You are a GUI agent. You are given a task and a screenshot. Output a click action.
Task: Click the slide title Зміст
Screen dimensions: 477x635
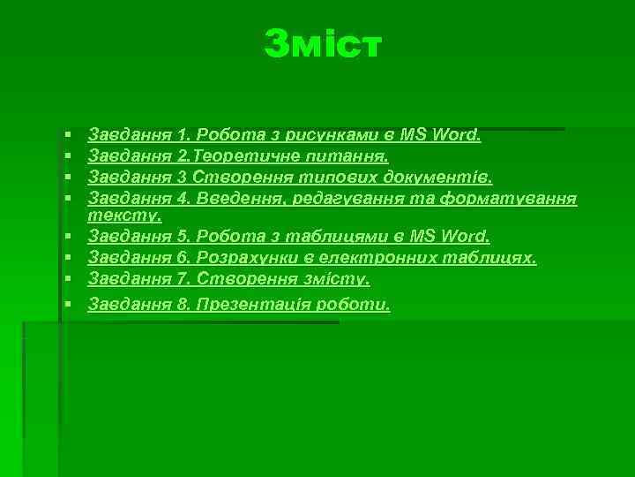[x=323, y=44]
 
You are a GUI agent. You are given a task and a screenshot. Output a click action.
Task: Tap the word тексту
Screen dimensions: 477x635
[x=124, y=216]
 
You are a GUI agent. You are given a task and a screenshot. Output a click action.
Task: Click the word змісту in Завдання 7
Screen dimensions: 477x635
[x=336, y=279]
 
